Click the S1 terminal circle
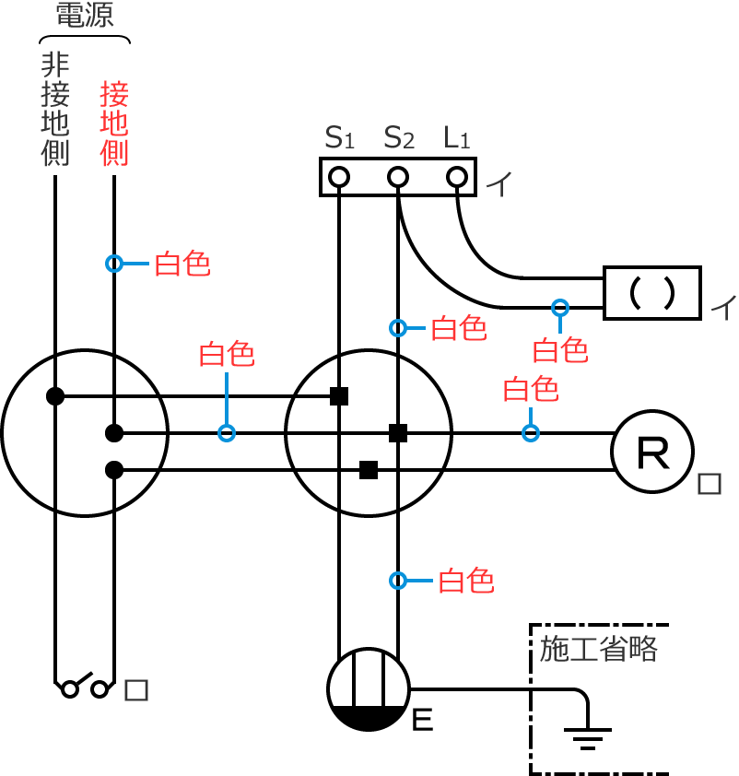point(339,176)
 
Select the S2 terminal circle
point(398,176)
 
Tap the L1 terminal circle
point(457,176)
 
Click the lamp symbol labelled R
point(652,452)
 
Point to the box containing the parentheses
point(652,293)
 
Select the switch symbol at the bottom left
point(84,687)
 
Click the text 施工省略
point(599,649)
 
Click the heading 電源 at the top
point(85,16)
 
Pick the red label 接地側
point(114,123)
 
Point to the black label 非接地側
point(55,110)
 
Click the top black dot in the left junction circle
point(55,396)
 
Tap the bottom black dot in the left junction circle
point(114,470)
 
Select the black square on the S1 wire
point(339,396)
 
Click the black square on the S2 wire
point(398,433)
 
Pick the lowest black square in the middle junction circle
point(369,470)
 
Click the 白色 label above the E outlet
point(466,581)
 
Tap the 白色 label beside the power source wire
point(182,265)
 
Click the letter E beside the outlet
point(422,720)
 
